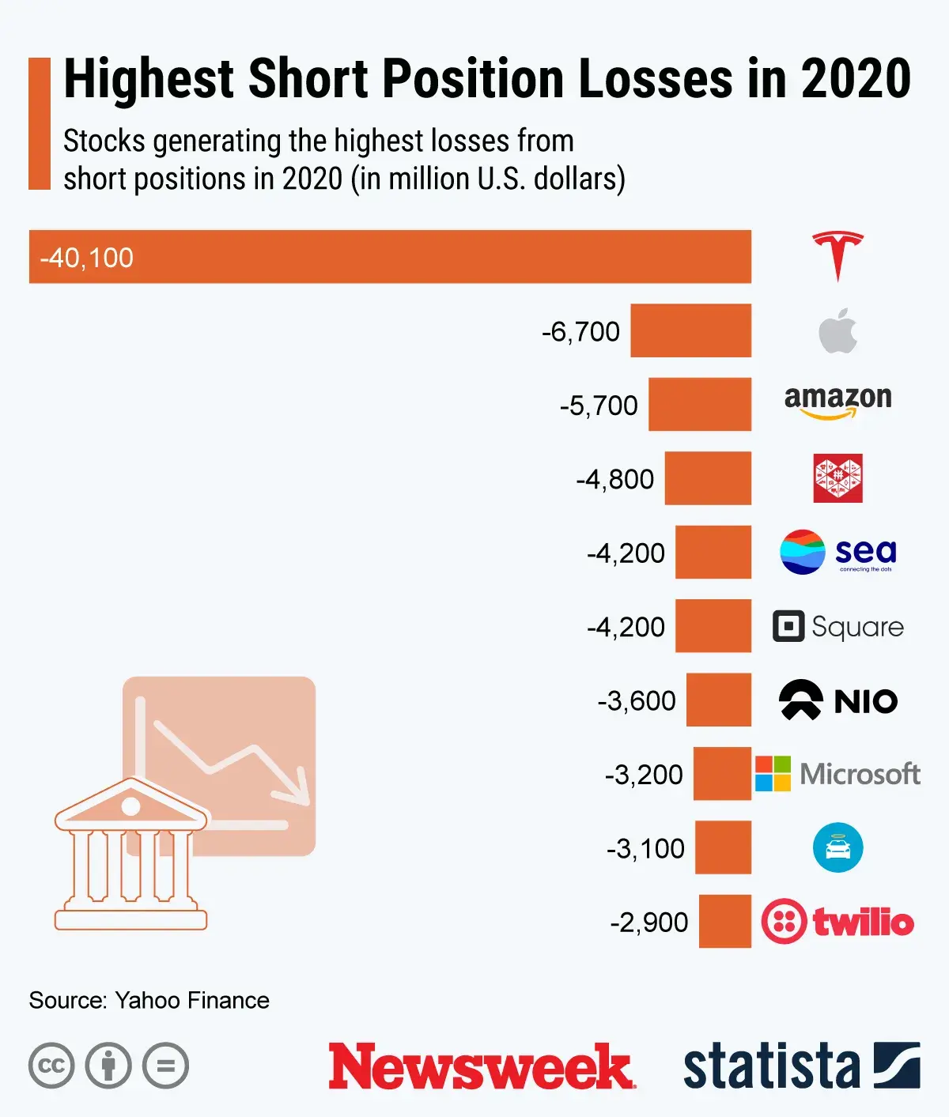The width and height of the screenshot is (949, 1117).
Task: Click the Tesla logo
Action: (837, 256)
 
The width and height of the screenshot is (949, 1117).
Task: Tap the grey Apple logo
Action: (837, 330)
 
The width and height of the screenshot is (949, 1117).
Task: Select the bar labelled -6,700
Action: (690, 330)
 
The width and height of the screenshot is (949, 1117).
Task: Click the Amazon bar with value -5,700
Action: (699, 404)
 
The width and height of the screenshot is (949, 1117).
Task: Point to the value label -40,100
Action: (87, 258)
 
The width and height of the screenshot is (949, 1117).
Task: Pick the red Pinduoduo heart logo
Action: (837, 478)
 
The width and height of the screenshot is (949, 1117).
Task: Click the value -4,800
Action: (614, 479)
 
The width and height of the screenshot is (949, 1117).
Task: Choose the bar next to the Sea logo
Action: (713, 552)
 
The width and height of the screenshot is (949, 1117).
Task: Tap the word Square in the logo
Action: (857, 627)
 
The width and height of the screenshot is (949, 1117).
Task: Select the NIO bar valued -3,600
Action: (718, 700)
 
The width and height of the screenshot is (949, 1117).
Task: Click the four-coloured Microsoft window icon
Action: (773, 773)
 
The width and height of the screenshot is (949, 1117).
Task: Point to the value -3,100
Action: (645, 848)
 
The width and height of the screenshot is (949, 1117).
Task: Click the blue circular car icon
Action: (837, 847)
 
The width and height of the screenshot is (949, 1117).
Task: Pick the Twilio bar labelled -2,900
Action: (724, 921)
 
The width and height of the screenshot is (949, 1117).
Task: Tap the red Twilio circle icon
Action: (784, 921)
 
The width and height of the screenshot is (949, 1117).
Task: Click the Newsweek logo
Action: (481, 1066)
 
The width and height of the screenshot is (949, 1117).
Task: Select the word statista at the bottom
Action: (771, 1066)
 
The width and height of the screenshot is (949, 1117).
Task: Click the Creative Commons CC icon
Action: (51, 1066)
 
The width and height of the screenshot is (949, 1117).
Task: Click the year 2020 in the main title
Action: (856, 79)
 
